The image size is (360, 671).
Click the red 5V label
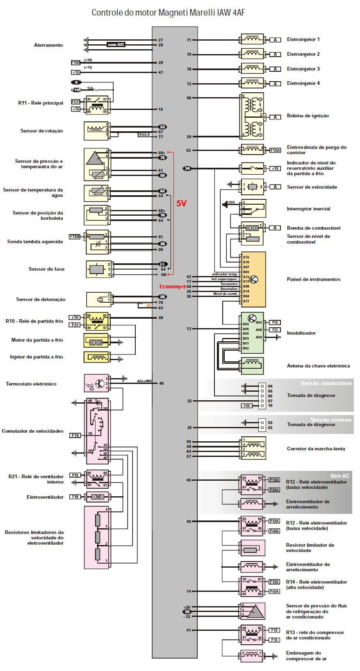pos(182,203)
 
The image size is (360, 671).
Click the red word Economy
pos(169,287)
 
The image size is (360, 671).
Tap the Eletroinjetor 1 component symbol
pos(252,40)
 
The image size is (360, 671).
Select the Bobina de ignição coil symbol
pos(252,117)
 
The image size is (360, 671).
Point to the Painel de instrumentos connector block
pos(253,279)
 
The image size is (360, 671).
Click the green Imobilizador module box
pos(252,333)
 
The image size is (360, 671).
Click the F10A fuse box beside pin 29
pos(76,63)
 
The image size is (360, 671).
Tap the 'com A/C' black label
pos(116,44)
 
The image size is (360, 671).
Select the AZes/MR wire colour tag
pos(144,381)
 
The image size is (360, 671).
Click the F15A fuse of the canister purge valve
pos(275,151)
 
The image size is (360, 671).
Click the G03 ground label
pos(232,202)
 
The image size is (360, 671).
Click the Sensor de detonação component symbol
pos(99,299)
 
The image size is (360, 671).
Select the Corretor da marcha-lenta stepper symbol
pos(253,448)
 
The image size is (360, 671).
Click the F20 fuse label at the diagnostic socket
pos(246,406)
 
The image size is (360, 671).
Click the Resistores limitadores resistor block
pos(97,537)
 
